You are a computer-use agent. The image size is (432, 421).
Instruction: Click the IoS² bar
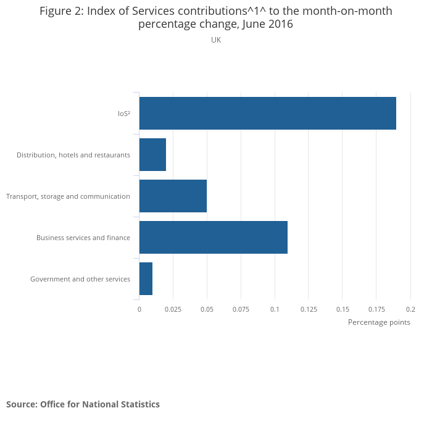(267, 113)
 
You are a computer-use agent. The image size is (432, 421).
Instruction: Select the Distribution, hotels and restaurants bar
(152, 154)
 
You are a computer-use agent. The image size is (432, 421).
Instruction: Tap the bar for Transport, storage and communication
(173, 196)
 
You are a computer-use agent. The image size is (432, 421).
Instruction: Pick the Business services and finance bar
(213, 237)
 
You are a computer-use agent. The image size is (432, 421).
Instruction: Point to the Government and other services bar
(146, 278)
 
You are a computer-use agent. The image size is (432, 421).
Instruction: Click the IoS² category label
(123, 114)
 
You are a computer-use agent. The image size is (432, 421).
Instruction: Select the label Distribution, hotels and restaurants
(73, 155)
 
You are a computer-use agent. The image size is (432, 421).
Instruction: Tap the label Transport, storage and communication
(68, 196)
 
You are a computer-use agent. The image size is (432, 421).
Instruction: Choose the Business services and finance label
(83, 238)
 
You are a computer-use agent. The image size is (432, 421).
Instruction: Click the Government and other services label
(80, 279)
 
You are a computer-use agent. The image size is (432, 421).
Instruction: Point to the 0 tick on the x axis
(139, 309)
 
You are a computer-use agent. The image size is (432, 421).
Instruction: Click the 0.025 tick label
(173, 309)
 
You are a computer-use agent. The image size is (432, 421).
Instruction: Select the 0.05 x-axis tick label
(207, 309)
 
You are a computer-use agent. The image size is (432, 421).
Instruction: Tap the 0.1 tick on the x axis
(275, 309)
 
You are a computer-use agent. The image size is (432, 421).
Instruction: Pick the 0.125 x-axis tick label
(309, 309)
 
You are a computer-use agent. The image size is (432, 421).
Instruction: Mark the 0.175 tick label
(376, 309)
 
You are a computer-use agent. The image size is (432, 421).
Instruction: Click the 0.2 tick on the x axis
(410, 309)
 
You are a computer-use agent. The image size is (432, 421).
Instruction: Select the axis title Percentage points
(379, 322)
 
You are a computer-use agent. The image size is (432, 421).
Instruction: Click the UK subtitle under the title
(216, 40)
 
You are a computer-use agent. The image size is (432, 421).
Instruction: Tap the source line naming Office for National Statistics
(83, 404)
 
